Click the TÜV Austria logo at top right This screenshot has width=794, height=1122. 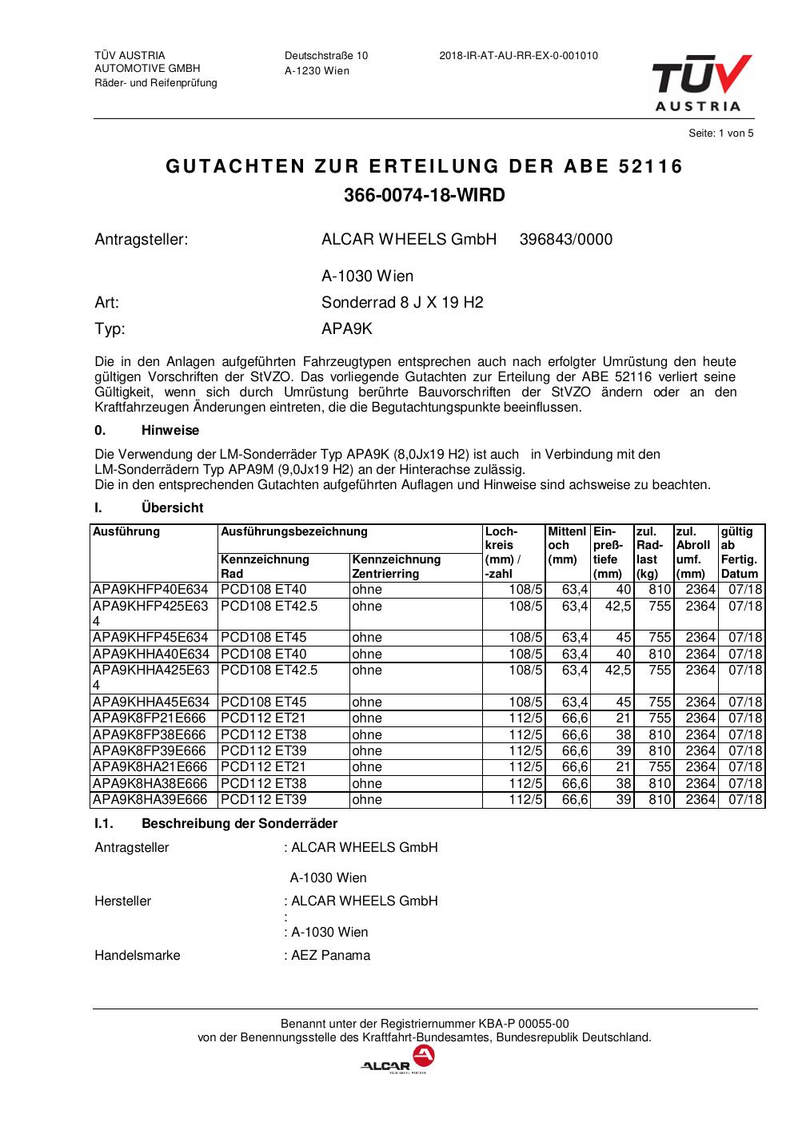coord(701,83)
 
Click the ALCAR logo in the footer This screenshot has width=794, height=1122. coord(397,1061)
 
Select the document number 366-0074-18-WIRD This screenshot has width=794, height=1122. coord(425,195)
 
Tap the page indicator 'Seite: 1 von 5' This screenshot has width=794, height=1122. coord(720,133)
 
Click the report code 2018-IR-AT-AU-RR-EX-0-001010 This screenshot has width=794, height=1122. coord(518,56)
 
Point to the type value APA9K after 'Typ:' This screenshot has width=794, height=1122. coord(347,328)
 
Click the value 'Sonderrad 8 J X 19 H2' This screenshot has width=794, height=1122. coord(402,303)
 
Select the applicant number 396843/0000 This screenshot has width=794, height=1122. coord(566,240)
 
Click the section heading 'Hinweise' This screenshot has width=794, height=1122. coord(170,431)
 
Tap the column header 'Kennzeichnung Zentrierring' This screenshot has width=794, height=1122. coord(397,567)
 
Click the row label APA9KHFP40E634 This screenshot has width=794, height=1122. coord(150,590)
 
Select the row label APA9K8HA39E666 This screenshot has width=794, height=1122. coord(150,800)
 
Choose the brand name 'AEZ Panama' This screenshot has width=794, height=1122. coord(330,956)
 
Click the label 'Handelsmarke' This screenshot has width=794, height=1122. coord(138,956)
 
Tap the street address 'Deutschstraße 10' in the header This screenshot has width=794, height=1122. coord(326,56)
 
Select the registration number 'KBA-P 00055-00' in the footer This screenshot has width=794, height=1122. coord(524,1024)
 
